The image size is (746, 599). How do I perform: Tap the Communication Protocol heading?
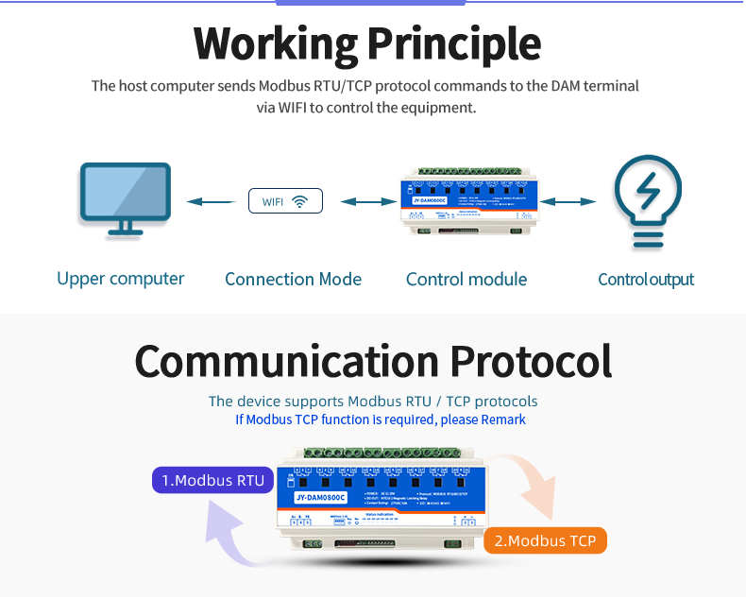click(x=373, y=361)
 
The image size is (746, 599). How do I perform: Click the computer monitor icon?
click(x=125, y=198)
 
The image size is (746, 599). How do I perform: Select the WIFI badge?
click(x=285, y=201)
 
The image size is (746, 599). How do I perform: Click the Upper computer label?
click(x=120, y=279)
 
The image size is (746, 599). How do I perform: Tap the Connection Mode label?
click(x=293, y=279)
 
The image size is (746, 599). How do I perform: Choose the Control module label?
click(x=466, y=279)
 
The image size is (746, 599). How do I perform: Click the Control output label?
click(x=646, y=279)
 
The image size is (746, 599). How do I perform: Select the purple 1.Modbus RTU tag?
click(x=213, y=480)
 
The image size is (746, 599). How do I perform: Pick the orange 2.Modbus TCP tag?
click(x=545, y=541)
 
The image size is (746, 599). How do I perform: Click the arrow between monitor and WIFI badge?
click(x=211, y=201)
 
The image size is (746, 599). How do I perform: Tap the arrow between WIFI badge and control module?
click(x=368, y=201)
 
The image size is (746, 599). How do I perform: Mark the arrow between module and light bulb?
click(x=568, y=201)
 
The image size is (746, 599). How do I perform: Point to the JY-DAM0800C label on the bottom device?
click(x=321, y=497)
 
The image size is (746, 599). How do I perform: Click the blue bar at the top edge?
click(x=371, y=3)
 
